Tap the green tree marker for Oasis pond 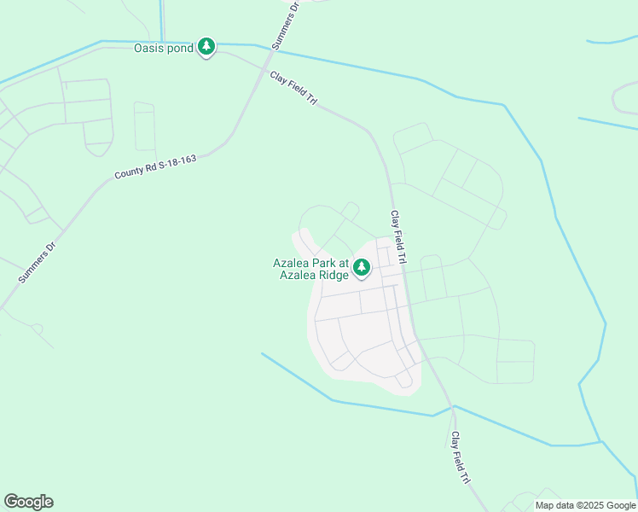pos(206,47)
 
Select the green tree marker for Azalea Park pos(362,269)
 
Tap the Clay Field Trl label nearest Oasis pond pos(294,89)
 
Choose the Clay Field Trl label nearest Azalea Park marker pos(399,236)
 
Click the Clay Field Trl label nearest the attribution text pos(461,457)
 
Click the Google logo pos(28,502)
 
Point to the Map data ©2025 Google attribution pos(585,505)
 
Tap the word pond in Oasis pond pos(180,48)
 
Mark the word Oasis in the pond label pos(148,48)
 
